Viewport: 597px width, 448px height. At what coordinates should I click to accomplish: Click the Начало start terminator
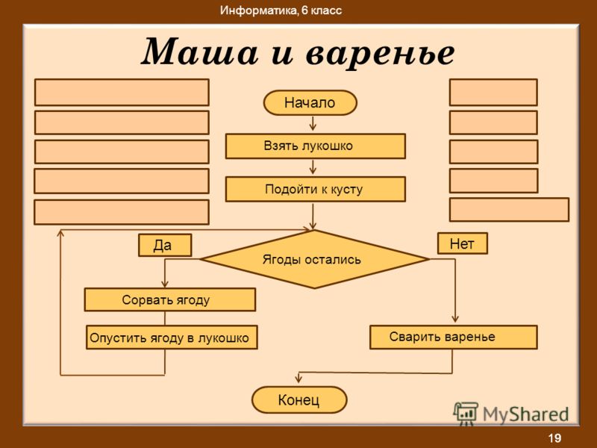[310, 102]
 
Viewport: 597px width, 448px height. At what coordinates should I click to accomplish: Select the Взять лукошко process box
[315, 146]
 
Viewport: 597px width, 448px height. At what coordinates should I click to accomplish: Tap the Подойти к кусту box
[315, 189]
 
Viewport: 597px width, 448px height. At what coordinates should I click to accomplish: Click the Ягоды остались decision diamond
[314, 259]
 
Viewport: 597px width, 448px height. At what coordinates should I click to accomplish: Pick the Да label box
[165, 245]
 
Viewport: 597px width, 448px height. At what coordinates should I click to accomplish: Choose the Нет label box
[462, 243]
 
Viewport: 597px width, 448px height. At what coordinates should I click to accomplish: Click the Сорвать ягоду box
[170, 300]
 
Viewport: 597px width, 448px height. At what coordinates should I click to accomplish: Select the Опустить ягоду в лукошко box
[172, 337]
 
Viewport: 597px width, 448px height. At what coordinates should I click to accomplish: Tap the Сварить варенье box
[454, 337]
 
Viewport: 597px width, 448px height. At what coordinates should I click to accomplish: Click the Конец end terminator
[299, 399]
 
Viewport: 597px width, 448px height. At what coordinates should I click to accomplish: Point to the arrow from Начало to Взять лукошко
[313, 123]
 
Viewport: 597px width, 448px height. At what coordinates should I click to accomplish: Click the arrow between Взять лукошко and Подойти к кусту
[313, 167]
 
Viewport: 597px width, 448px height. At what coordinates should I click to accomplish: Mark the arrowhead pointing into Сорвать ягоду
[164, 284]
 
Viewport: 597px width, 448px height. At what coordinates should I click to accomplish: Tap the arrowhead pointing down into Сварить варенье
[454, 319]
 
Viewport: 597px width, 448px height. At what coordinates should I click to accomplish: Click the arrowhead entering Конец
[298, 379]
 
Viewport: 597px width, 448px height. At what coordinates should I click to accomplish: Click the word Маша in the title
[199, 52]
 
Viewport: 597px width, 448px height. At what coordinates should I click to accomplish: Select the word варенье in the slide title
[381, 53]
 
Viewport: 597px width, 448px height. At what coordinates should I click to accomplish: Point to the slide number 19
[554, 438]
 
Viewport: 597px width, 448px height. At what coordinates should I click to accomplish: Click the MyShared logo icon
[465, 414]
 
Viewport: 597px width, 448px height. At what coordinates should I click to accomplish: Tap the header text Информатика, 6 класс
[281, 10]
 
